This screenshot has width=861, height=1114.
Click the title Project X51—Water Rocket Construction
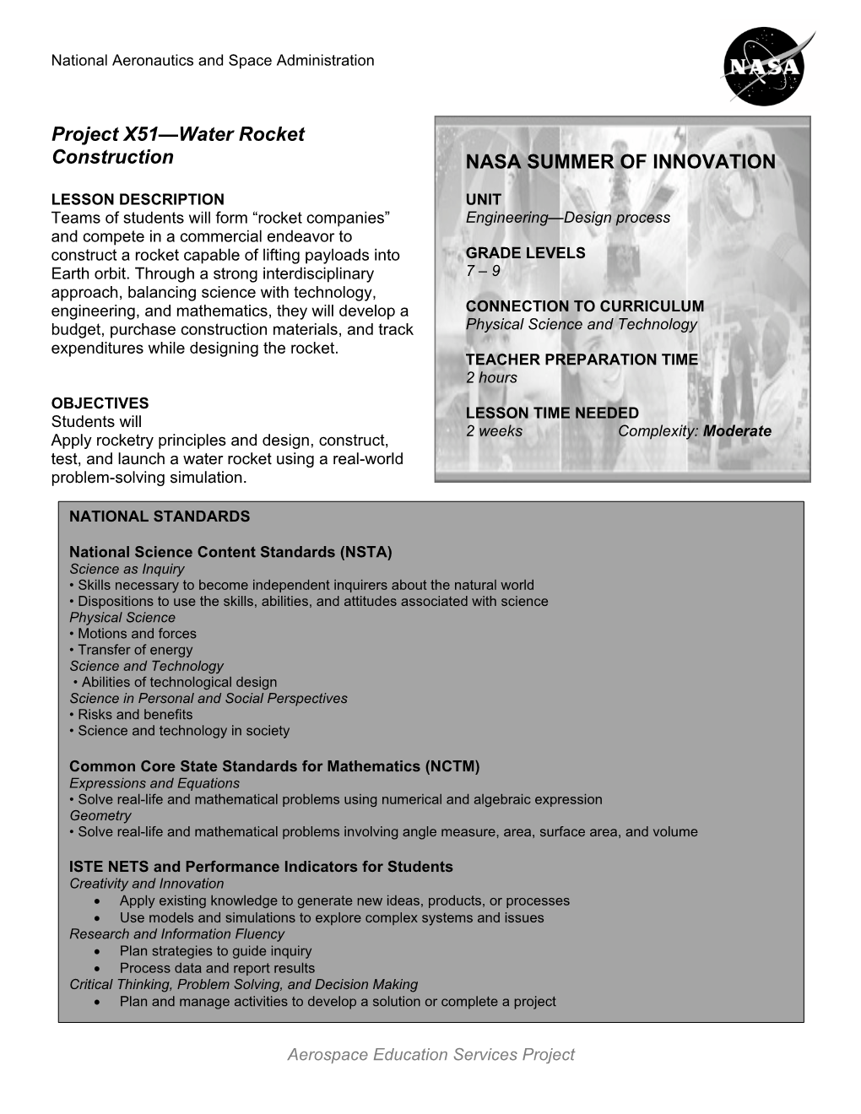pyautogui.click(x=177, y=145)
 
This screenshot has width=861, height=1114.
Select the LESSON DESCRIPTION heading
pyautogui.click(x=138, y=200)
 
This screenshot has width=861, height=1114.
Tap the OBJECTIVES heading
pyautogui.click(x=100, y=403)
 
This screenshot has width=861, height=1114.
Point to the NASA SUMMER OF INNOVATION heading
pyautogui.click(x=620, y=162)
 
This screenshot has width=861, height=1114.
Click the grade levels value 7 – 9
pyautogui.click(x=483, y=271)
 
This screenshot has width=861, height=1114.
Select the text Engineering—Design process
pyautogui.click(x=567, y=218)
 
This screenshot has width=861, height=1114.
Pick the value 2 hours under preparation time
pyautogui.click(x=491, y=377)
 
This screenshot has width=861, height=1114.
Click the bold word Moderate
pyautogui.click(x=737, y=431)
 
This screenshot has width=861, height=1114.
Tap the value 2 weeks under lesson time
pyautogui.click(x=494, y=431)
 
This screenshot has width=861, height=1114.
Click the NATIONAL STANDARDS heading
pyautogui.click(x=160, y=516)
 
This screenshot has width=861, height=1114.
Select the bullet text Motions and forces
pyautogui.click(x=137, y=634)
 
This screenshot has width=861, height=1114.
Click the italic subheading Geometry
pyautogui.click(x=100, y=816)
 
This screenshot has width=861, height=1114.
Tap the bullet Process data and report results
pyautogui.click(x=217, y=968)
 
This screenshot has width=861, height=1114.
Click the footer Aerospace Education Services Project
pyautogui.click(x=430, y=1054)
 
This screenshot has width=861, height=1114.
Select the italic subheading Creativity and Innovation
pyautogui.click(x=147, y=884)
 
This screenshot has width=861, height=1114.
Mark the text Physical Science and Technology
pyautogui.click(x=581, y=324)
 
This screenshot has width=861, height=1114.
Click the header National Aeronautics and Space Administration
pyautogui.click(x=213, y=61)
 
